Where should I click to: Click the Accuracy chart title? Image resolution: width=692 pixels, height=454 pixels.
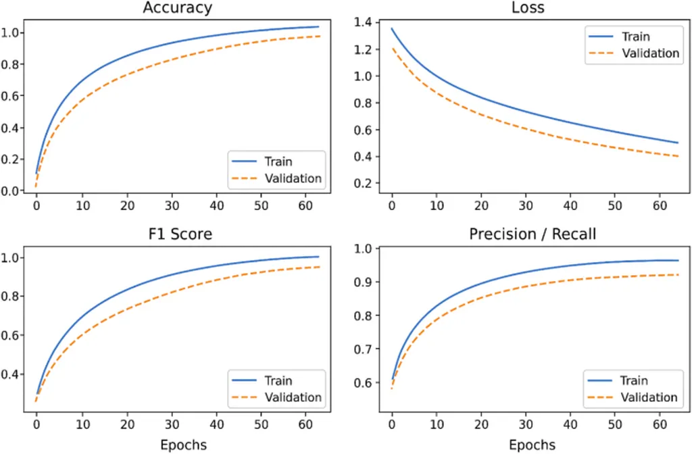177,9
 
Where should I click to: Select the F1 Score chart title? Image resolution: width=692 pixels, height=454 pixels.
177,234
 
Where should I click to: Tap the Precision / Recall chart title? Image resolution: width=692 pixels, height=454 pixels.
533,234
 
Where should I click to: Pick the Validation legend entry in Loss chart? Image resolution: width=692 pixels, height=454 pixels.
650,53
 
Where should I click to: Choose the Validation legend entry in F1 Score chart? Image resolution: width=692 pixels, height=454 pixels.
293,397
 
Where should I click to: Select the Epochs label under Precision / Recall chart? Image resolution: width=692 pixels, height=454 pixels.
533,445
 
